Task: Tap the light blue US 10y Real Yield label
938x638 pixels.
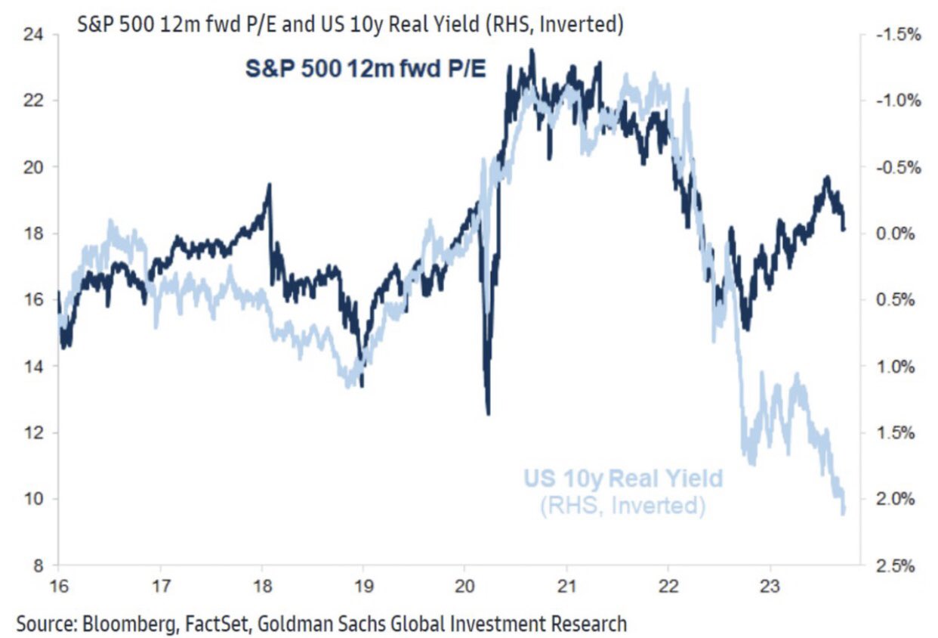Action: pyautogui.click(x=622, y=478)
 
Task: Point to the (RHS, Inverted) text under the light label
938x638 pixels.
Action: pyautogui.click(x=622, y=504)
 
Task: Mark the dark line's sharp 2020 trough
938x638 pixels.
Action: pyautogui.click(x=488, y=413)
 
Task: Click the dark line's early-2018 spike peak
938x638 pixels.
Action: pyautogui.click(x=269, y=184)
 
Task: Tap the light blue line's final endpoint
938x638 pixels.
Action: pyautogui.click(x=844, y=513)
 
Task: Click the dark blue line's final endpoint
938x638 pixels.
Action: pyautogui.click(x=844, y=228)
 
